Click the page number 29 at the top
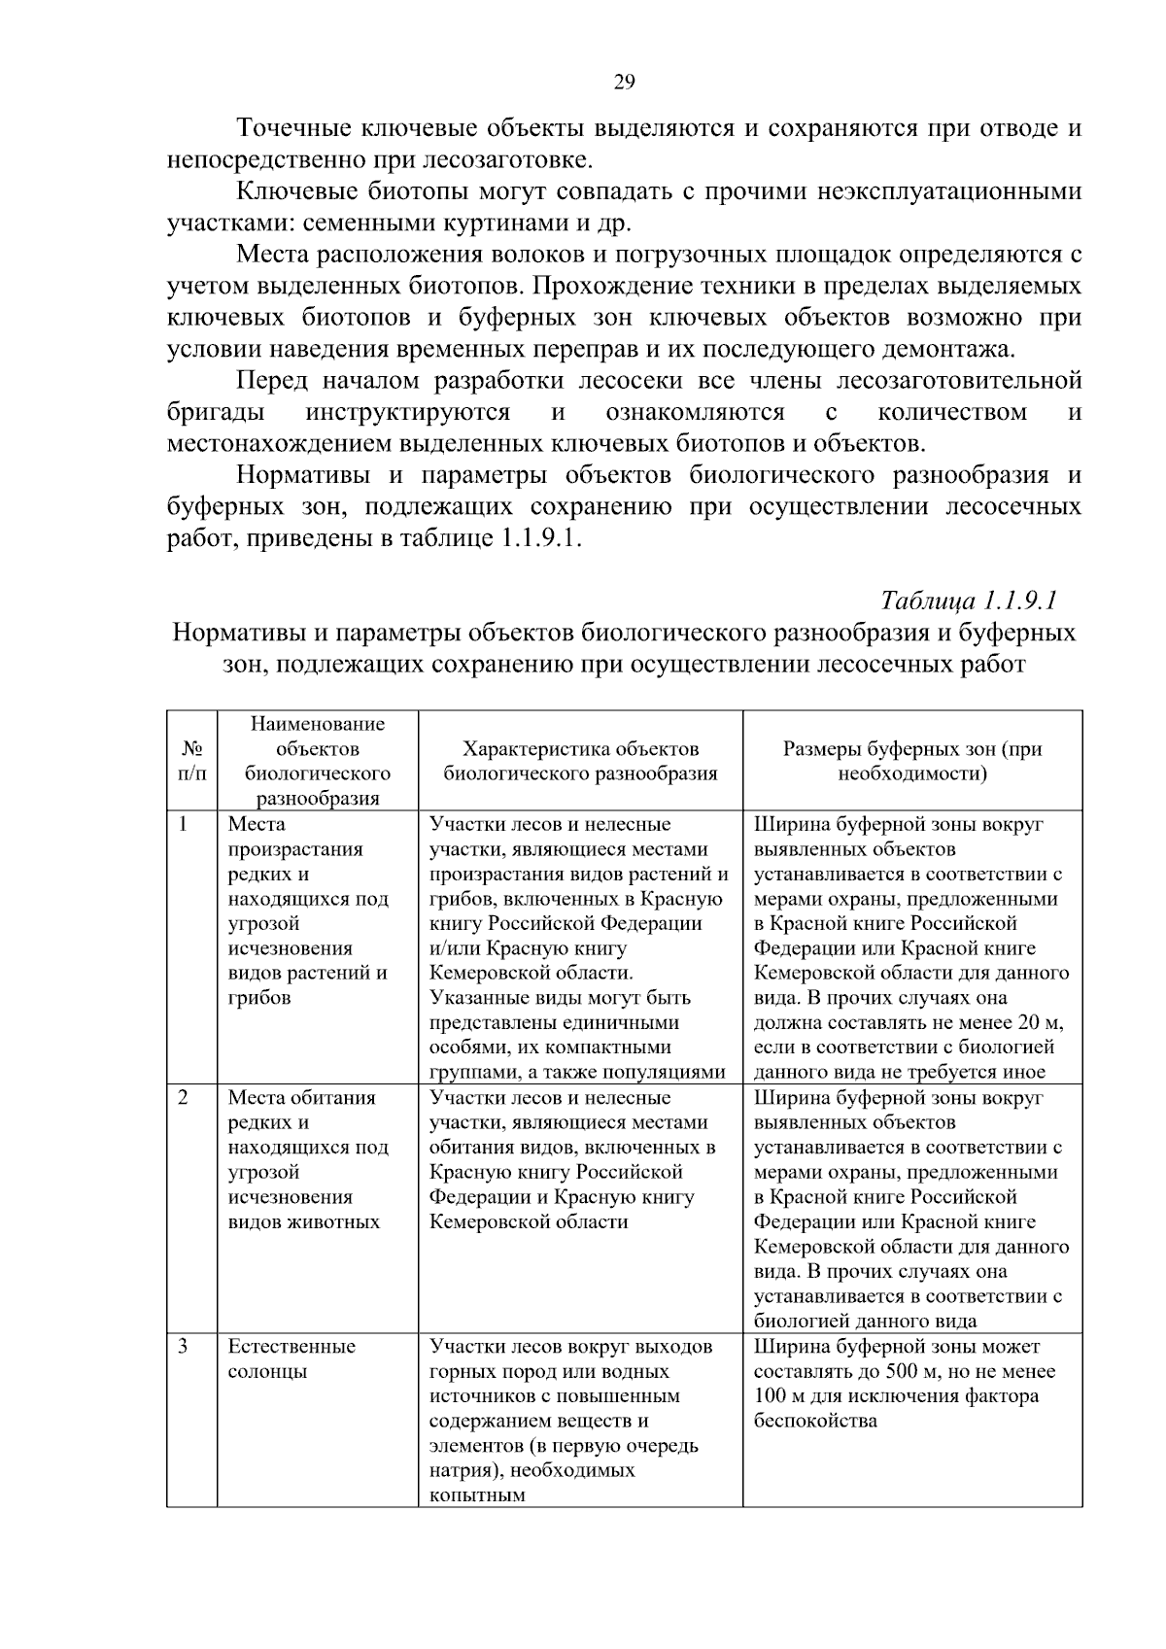[624, 83]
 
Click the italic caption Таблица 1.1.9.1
[968, 599]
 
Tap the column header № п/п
[191, 761]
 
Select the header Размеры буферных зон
[912, 761]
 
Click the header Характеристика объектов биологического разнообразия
[580, 761]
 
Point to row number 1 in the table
[184, 824]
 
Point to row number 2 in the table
[184, 1097]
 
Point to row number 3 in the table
[184, 1346]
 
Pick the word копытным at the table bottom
[477, 1495]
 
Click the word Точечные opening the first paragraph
[295, 128]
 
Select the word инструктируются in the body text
[407, 412]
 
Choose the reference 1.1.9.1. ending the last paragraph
[540, 539]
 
